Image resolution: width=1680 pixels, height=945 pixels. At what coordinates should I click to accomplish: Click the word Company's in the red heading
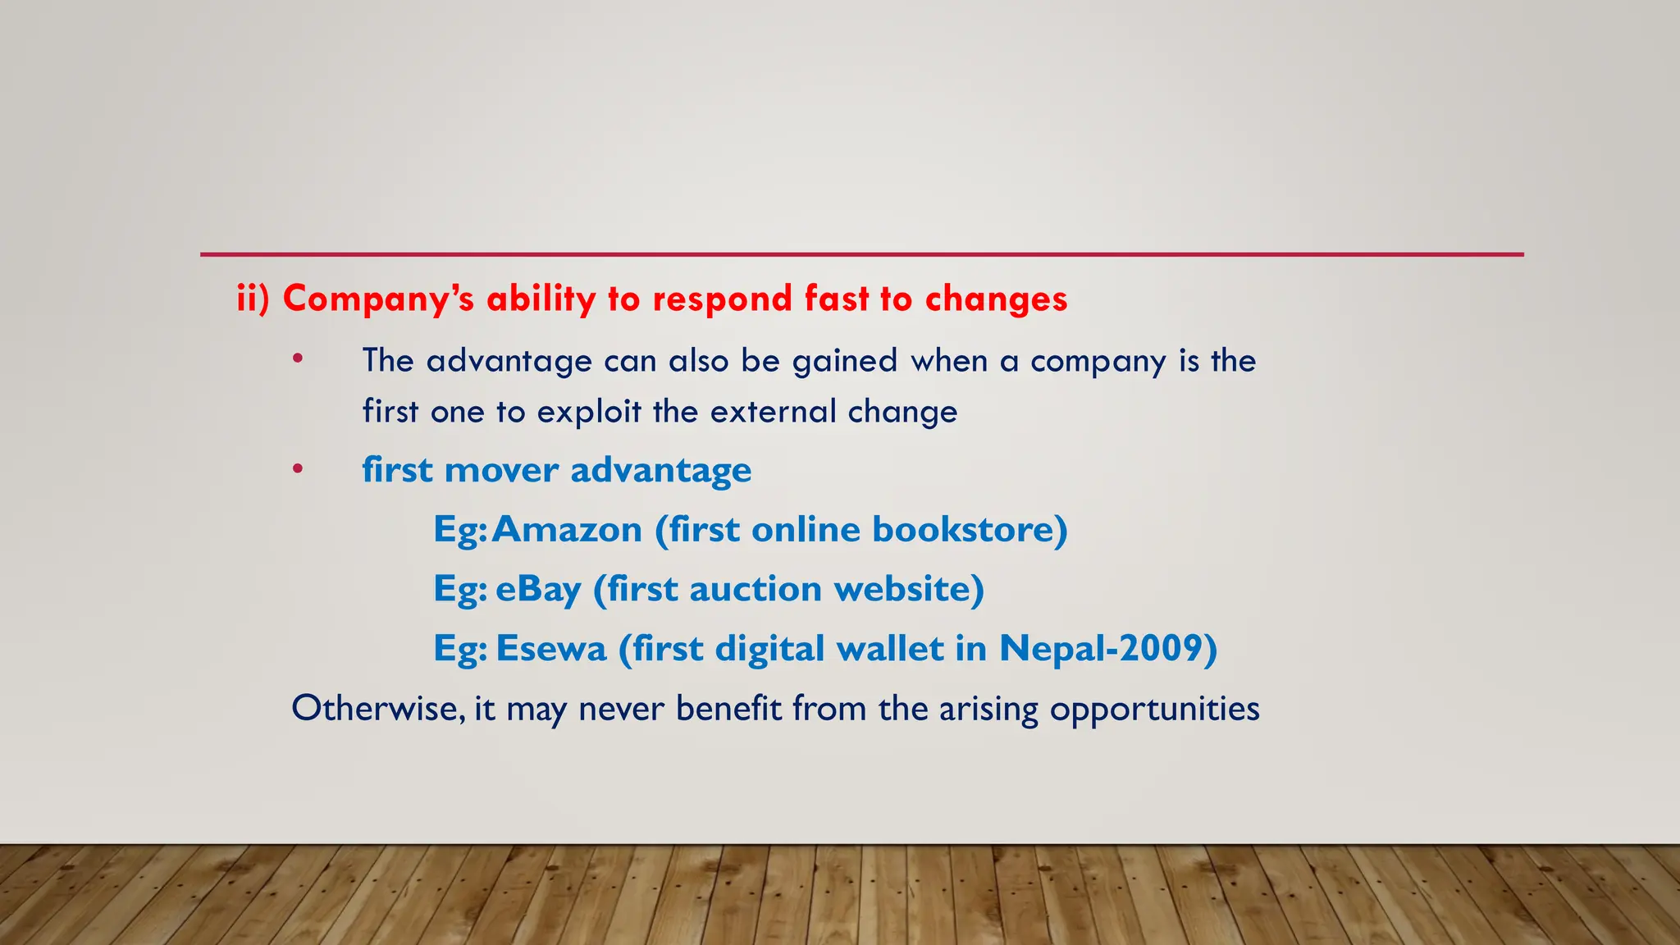point(378,299)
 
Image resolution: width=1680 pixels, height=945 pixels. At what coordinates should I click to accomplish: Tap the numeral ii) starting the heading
point(253,298)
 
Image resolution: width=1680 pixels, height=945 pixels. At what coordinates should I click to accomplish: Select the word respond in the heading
point(722,299)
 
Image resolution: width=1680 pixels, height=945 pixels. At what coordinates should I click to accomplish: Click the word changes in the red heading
point(996,299)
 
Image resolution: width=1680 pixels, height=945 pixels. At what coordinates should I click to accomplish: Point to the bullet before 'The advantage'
point(298,358)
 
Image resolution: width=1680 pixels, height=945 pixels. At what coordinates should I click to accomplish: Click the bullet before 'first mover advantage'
point(298,469)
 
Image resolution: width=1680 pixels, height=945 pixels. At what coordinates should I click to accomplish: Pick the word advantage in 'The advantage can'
point(509,362)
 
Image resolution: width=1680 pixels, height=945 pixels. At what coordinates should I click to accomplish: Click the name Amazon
point(568,530)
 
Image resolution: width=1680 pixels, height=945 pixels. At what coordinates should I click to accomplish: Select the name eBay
point(538,590)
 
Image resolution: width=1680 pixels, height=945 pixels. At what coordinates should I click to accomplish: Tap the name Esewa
point(551,649)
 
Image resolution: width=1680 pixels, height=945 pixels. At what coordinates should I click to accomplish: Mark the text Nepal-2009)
point(1107,649)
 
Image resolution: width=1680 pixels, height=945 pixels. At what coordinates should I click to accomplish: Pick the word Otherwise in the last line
point(378,709)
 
